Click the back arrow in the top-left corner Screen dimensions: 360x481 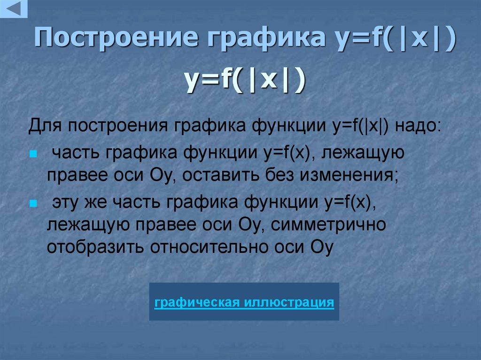[14, 9]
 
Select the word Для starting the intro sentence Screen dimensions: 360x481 [45, 127]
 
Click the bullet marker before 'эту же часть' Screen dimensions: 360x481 [32, 205]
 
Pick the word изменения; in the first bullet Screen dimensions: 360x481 [348, 176]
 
